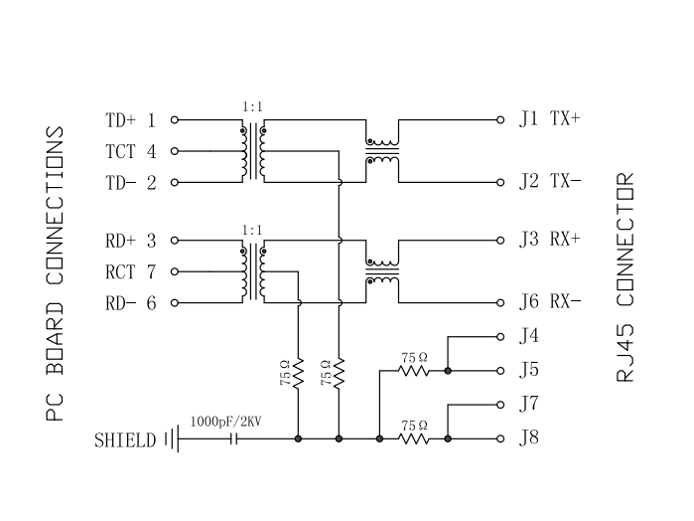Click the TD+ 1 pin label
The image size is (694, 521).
coord(130,120)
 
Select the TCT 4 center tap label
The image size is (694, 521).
coord(130,152)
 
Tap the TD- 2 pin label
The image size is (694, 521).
coord(130,183)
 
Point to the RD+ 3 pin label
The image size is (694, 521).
coord(130,241)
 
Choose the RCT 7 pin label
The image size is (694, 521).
coord(130,271)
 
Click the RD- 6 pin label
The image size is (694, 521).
coord(130,303)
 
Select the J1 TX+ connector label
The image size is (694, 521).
coord(549,119)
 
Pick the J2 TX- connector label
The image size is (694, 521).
coord(549,182)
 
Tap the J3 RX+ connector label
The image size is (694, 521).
coord(549,241)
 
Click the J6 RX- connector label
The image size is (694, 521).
coord(549,302)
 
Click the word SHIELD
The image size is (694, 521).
coord(125,438)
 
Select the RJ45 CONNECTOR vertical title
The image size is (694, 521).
coord(625,277)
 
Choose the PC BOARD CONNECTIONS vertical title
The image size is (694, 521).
coord(57,273)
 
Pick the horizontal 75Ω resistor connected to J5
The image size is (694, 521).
coord(414,371)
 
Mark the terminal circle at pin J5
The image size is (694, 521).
coord(501,371)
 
